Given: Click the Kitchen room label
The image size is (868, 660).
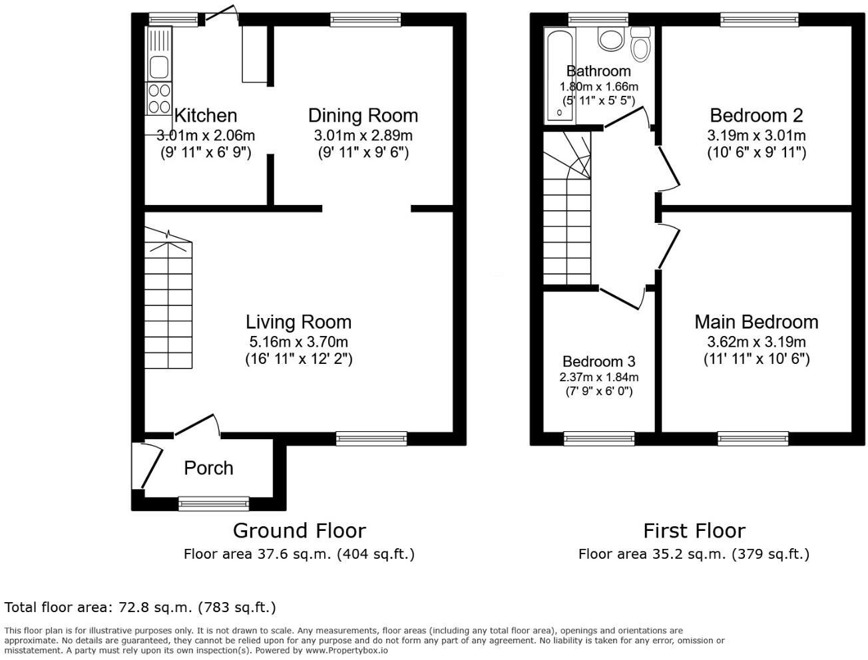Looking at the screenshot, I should pos(205,116).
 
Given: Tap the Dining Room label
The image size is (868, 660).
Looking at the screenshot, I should pos(363,116).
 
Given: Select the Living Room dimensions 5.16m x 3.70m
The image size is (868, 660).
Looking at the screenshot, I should pos(298,342).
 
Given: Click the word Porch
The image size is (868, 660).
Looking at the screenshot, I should pos(208,468).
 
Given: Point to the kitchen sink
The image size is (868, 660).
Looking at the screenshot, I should pos(158,67).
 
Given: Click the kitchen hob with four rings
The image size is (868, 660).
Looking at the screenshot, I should pos(158,98).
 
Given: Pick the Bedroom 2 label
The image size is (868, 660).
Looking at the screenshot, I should pos(756,116).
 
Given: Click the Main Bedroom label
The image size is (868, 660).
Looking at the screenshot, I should pos(756,322).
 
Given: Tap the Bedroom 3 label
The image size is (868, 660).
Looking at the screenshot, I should pos(598,361).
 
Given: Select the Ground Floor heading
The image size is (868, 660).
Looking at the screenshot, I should pos(299,530).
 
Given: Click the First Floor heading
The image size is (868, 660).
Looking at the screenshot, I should pos(694,530).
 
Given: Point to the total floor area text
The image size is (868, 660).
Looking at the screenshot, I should pos(140,607).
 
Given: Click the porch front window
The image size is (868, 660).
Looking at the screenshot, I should pos(214,504).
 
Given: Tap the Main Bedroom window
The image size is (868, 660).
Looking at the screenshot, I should pos(753,438).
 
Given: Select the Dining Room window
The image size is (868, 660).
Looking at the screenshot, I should pos(365,20).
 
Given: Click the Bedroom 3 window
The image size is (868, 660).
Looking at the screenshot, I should pos(598,438).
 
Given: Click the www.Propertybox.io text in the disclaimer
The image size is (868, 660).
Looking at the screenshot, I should pos(347,650).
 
